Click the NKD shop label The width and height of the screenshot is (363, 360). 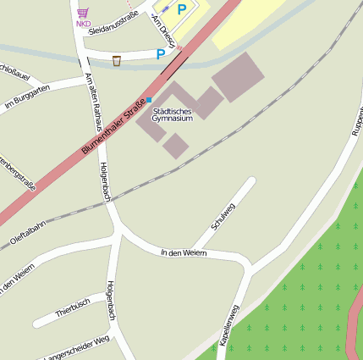(83, 24)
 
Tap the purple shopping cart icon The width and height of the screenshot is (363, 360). (83, 13)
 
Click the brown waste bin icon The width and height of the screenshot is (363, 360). (116, 60)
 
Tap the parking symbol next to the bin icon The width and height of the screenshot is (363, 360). (160, 55)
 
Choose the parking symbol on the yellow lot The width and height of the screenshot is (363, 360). (181, 10)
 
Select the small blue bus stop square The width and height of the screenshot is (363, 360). (150, 100)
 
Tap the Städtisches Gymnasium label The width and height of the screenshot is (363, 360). (172, 114)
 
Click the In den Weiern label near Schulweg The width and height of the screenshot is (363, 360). (184, 252)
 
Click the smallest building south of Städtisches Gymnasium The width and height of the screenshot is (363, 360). (175, 146)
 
